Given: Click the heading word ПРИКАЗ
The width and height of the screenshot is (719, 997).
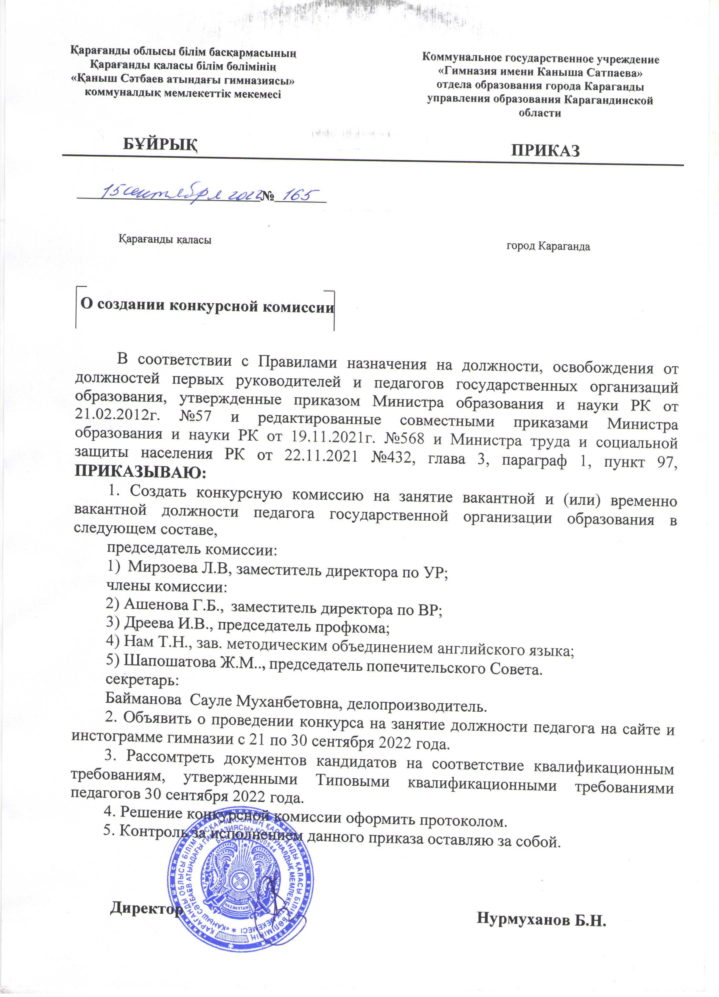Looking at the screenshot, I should tap(545, 151).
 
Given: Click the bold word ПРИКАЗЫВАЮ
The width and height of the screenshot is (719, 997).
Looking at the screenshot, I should tap(140, 472).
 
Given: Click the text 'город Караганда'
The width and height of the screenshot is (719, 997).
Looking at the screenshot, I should tap(548, 246).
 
